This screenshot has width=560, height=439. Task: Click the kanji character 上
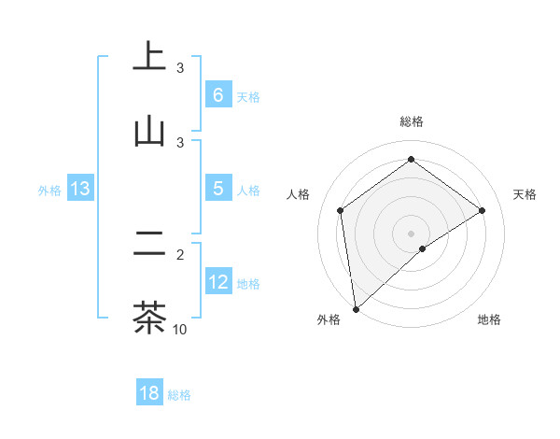point(149,55)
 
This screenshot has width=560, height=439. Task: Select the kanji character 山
point(149,130)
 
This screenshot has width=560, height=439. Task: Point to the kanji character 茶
point(149,317)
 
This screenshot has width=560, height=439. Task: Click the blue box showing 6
point(217,95)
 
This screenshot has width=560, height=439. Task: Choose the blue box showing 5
point(217,189)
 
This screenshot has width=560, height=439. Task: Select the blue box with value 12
point(217,282)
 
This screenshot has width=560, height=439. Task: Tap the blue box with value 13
point(80,189)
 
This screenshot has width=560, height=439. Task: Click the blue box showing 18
point(148,393)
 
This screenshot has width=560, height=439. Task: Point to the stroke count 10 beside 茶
point(180,329)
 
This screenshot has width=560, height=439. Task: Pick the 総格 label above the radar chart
point(412,121)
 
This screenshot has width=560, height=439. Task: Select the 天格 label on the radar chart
point(525,194)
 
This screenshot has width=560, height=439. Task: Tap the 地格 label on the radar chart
point(489,319)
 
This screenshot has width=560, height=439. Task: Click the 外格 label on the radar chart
point(329,319)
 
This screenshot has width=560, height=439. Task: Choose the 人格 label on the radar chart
point(299,194)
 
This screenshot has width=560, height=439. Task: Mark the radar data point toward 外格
point(356,308)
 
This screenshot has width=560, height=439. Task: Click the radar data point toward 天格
point(483,210)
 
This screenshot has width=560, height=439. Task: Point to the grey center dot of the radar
point(412,233)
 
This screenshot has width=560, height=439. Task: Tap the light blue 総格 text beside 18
point(179,395)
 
